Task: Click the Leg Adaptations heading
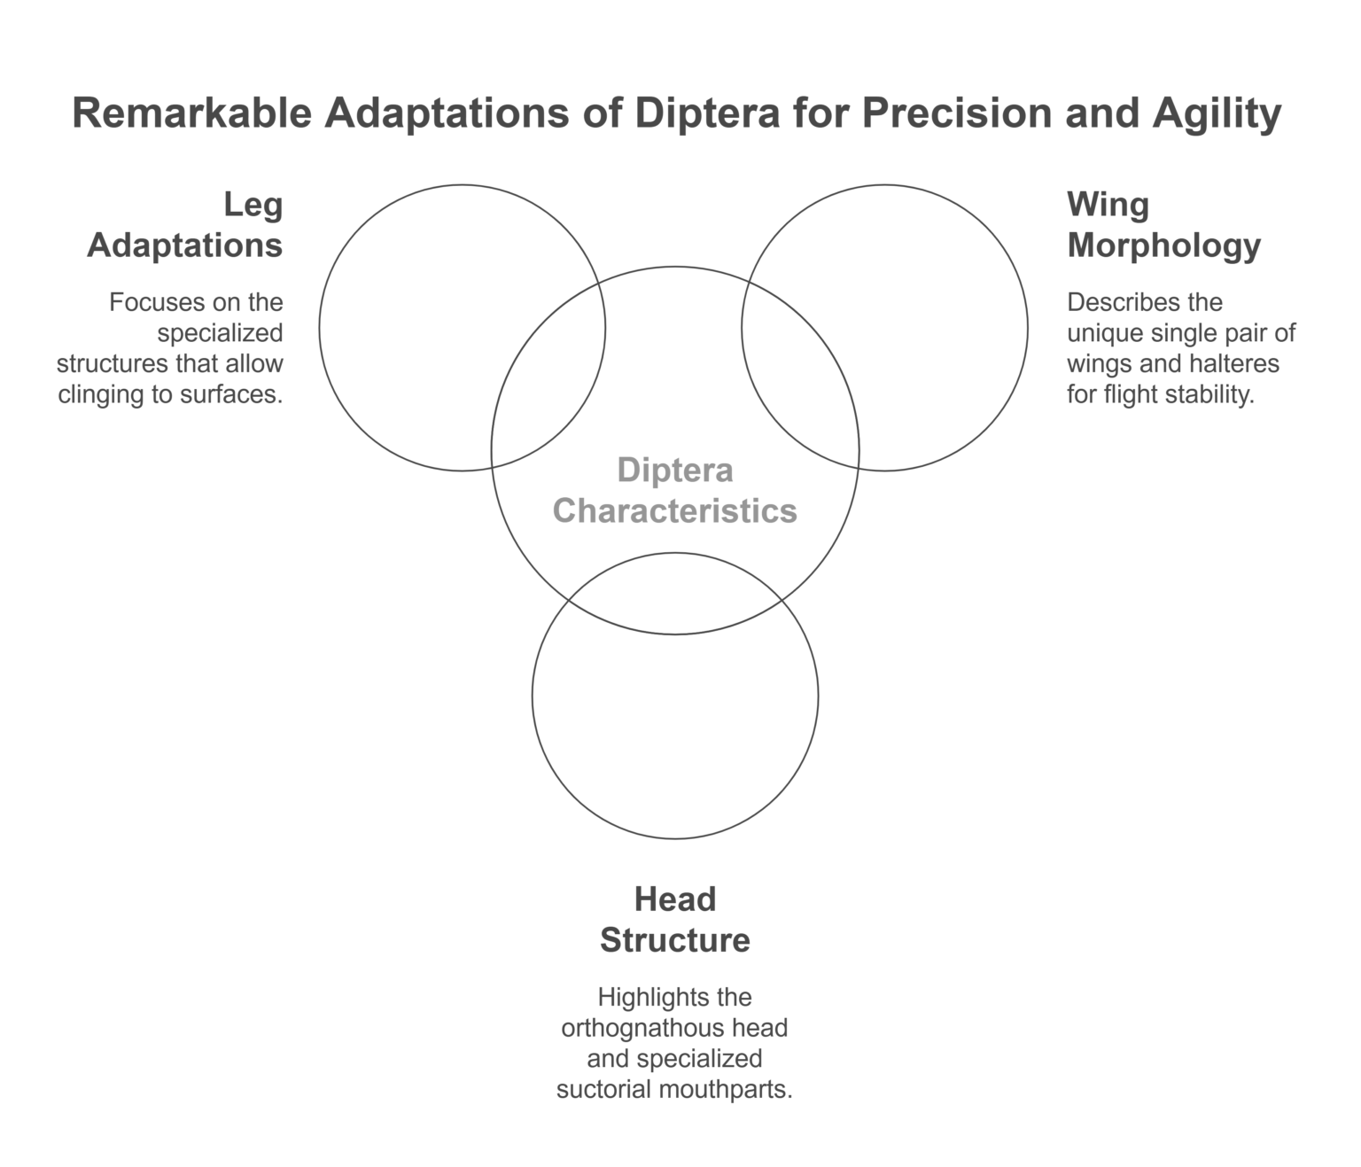(x=185, y=224)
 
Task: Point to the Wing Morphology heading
(x=1163, y=224)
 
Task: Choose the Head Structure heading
(x=674, y=920)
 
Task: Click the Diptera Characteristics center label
(x=674, y=490)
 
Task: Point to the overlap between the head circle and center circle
(x=674, y=595)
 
